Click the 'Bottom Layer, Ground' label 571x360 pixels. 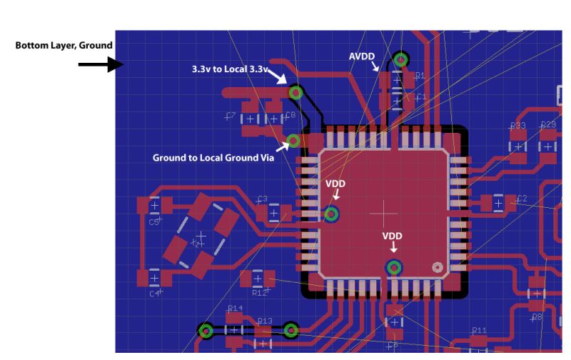(64, 46)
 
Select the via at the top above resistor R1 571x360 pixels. (401, 59)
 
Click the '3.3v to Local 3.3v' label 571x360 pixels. (229, 69)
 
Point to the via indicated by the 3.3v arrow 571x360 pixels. (295, 93)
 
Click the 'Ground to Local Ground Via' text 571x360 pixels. (213, 157)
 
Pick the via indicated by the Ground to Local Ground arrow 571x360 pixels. (293, 141)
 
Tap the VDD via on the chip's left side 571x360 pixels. (331, 214)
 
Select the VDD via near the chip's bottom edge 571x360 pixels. (393, 268)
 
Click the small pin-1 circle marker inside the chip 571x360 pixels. (438, 267)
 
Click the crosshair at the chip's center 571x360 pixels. (385, 212)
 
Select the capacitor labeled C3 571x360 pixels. (273, 212)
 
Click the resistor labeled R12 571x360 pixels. (258, 279)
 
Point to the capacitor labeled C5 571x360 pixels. (154, 206)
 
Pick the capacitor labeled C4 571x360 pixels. (154, 277)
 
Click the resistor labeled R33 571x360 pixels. (517, 146)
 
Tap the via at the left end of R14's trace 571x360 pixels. (206, 331)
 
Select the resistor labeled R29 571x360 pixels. (548, 146)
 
